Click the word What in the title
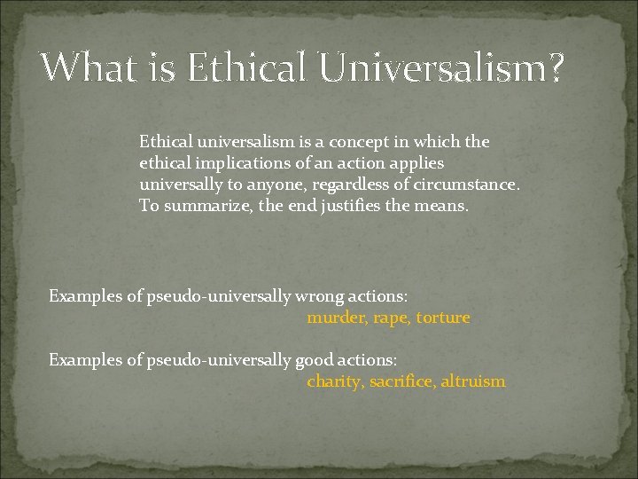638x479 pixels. point(83,67)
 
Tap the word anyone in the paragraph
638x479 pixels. point(276,185)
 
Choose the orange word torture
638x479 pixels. point(443,318)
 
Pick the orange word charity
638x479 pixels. point(333,382)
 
